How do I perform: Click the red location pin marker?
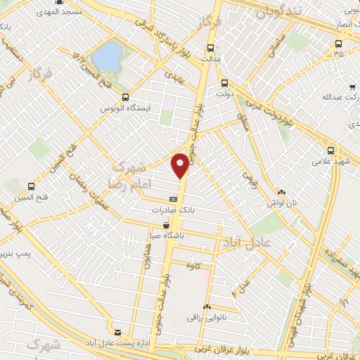click(181, 165)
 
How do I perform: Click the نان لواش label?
click(281, 202)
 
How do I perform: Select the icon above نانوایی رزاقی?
click(207, 307)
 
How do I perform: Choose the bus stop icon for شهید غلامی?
click(331, 149)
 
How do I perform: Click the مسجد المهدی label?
click(61, 13)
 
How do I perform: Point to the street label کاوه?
click(193, 265)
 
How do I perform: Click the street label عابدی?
click(173, 75)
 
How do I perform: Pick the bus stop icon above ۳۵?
click(338, 42)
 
